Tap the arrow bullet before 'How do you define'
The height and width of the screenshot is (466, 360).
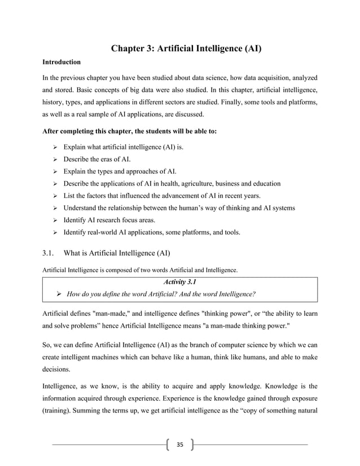[58, 294]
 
